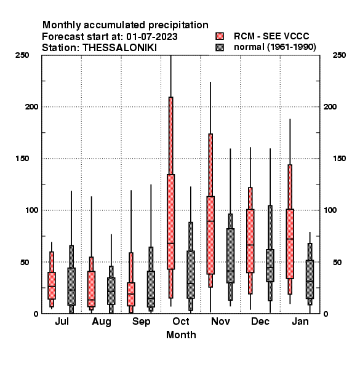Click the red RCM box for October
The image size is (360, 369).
click(170, 221)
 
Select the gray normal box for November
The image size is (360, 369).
click(230, 256)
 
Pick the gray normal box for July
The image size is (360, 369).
click(71, 287)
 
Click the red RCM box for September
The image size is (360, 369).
click(131, 294)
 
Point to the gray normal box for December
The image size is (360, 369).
click(270, 266)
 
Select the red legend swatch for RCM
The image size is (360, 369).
click(220, 36)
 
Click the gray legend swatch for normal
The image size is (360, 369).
click(220, 47)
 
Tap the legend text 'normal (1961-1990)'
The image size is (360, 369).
click(274, 47)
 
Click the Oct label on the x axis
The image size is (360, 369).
click(180, 321)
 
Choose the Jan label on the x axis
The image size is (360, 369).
click(300, 321)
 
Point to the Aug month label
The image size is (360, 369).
click(102, 322)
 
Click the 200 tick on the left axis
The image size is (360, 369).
click(31, 106)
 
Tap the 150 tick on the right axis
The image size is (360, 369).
click(339, 159)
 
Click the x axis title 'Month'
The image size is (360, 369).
click(181, 335)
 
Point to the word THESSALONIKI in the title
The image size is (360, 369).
click(119, 48)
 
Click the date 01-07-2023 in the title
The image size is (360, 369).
click(152, 37)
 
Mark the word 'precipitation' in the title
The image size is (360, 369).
click(178, 25)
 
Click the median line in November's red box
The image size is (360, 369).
click(210, 221)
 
